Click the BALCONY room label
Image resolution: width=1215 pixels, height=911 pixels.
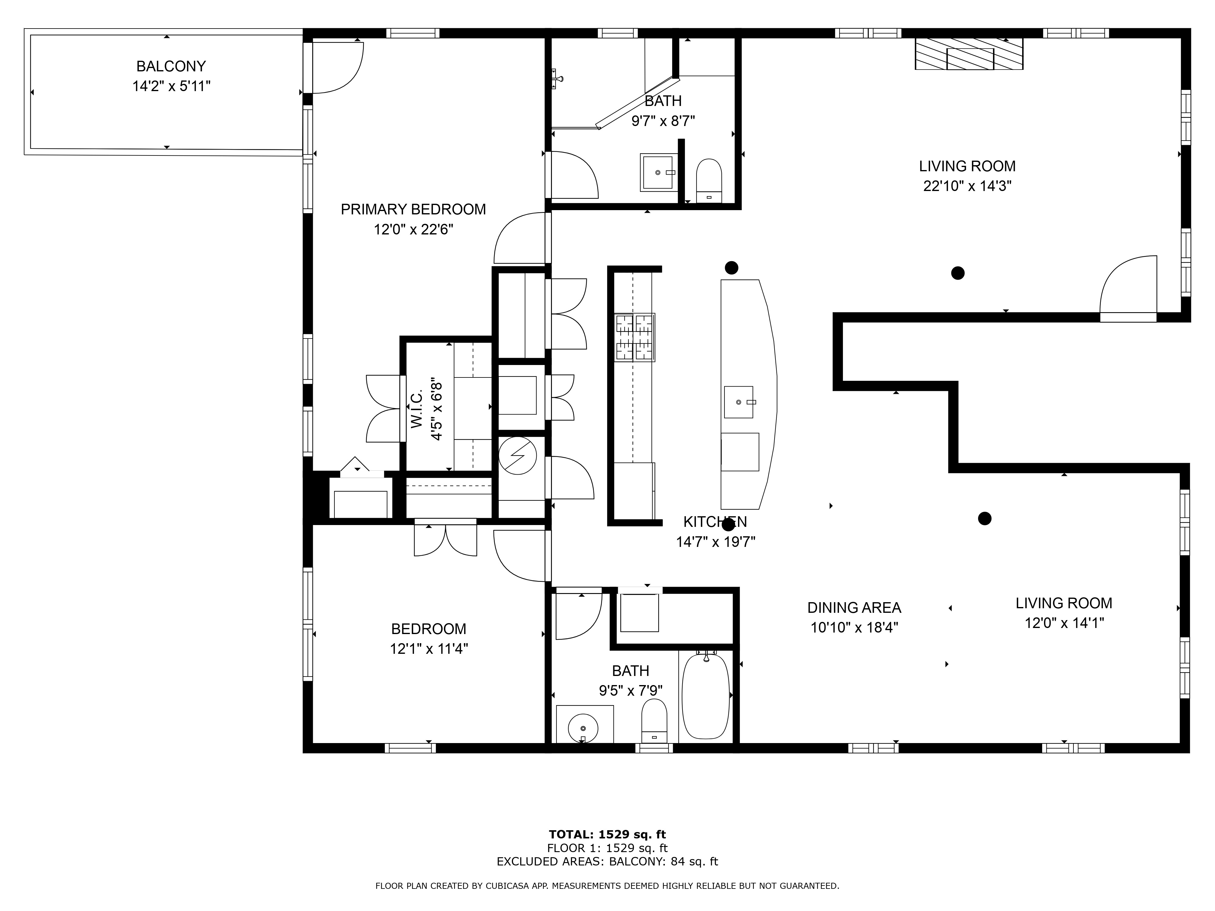[171, 67]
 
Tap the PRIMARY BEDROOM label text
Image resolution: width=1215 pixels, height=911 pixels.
[413, 209]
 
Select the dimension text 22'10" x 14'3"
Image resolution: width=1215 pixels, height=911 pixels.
[967, 186]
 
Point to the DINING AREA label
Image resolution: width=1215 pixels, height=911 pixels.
[854, 608]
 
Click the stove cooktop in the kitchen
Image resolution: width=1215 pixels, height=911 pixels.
[635, 337]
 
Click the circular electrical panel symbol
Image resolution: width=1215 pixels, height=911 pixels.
[517, 455]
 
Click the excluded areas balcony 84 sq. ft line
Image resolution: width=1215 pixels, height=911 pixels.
[607, 862]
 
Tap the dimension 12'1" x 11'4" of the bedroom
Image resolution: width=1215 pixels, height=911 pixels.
[429, 649]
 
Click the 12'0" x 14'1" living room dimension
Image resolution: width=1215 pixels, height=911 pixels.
[1064, 623]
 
